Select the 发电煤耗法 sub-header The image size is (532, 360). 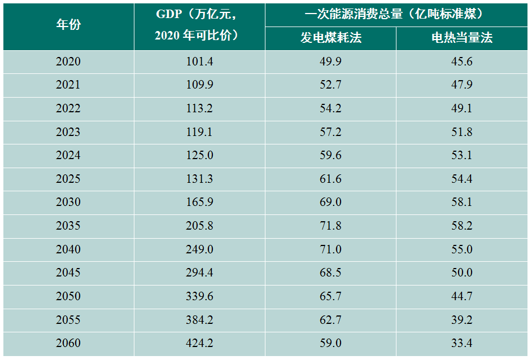point(330,38)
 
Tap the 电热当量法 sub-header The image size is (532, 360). point(462,38)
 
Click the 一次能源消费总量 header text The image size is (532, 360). point(397,14)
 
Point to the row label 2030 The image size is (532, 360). point(68,202)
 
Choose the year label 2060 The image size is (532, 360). point(68,343)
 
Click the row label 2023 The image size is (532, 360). point(68,132)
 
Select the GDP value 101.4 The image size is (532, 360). point(199,62)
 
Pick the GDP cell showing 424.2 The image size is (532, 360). point(199,343)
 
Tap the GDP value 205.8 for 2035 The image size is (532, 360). point(199,226)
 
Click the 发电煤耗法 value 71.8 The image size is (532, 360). point(330,226)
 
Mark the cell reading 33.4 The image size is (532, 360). point(462,343)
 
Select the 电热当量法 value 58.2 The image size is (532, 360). point(462,226)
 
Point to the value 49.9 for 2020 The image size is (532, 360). point(330,62)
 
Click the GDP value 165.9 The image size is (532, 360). point(199,202)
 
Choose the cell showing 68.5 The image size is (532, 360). point(330,273)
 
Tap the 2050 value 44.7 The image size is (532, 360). point(462,296)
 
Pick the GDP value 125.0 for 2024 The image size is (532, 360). point(199,155)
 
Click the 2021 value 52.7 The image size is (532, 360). point(330,85)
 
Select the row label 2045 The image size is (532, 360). point(68,273)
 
